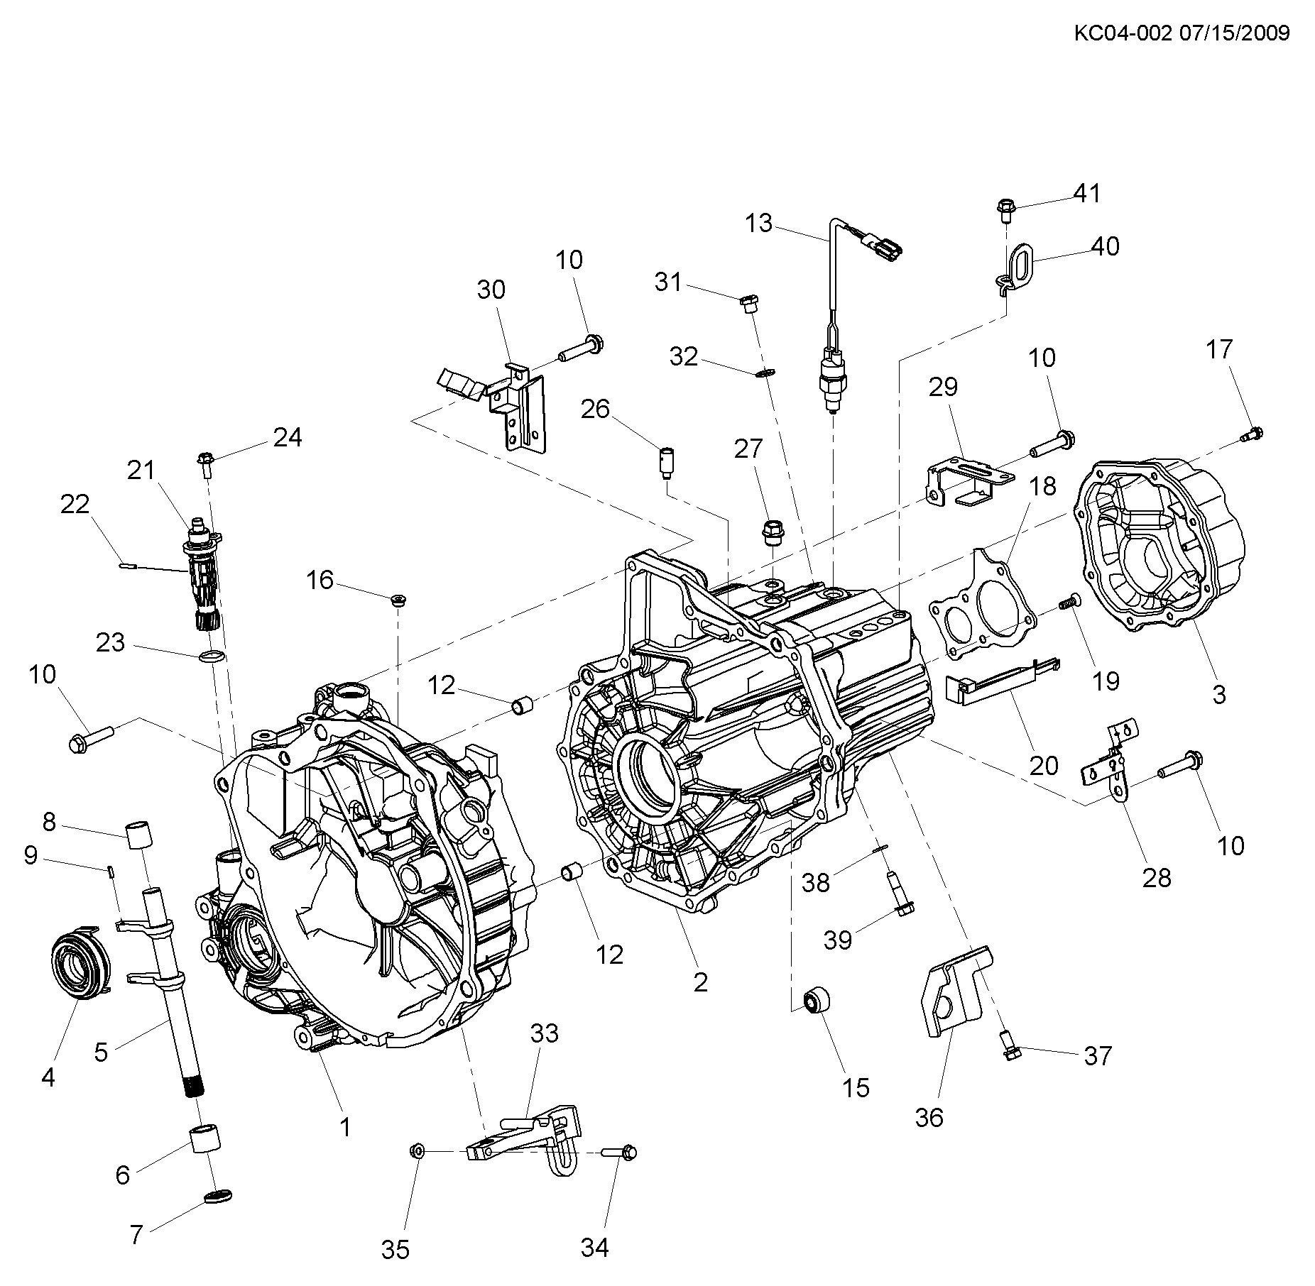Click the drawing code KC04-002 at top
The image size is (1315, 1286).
pos(1121,33)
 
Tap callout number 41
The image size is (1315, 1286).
pos(1086,193)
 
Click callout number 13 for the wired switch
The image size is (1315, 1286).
pos(758,223)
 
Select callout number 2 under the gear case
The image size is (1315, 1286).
pos(700,982)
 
